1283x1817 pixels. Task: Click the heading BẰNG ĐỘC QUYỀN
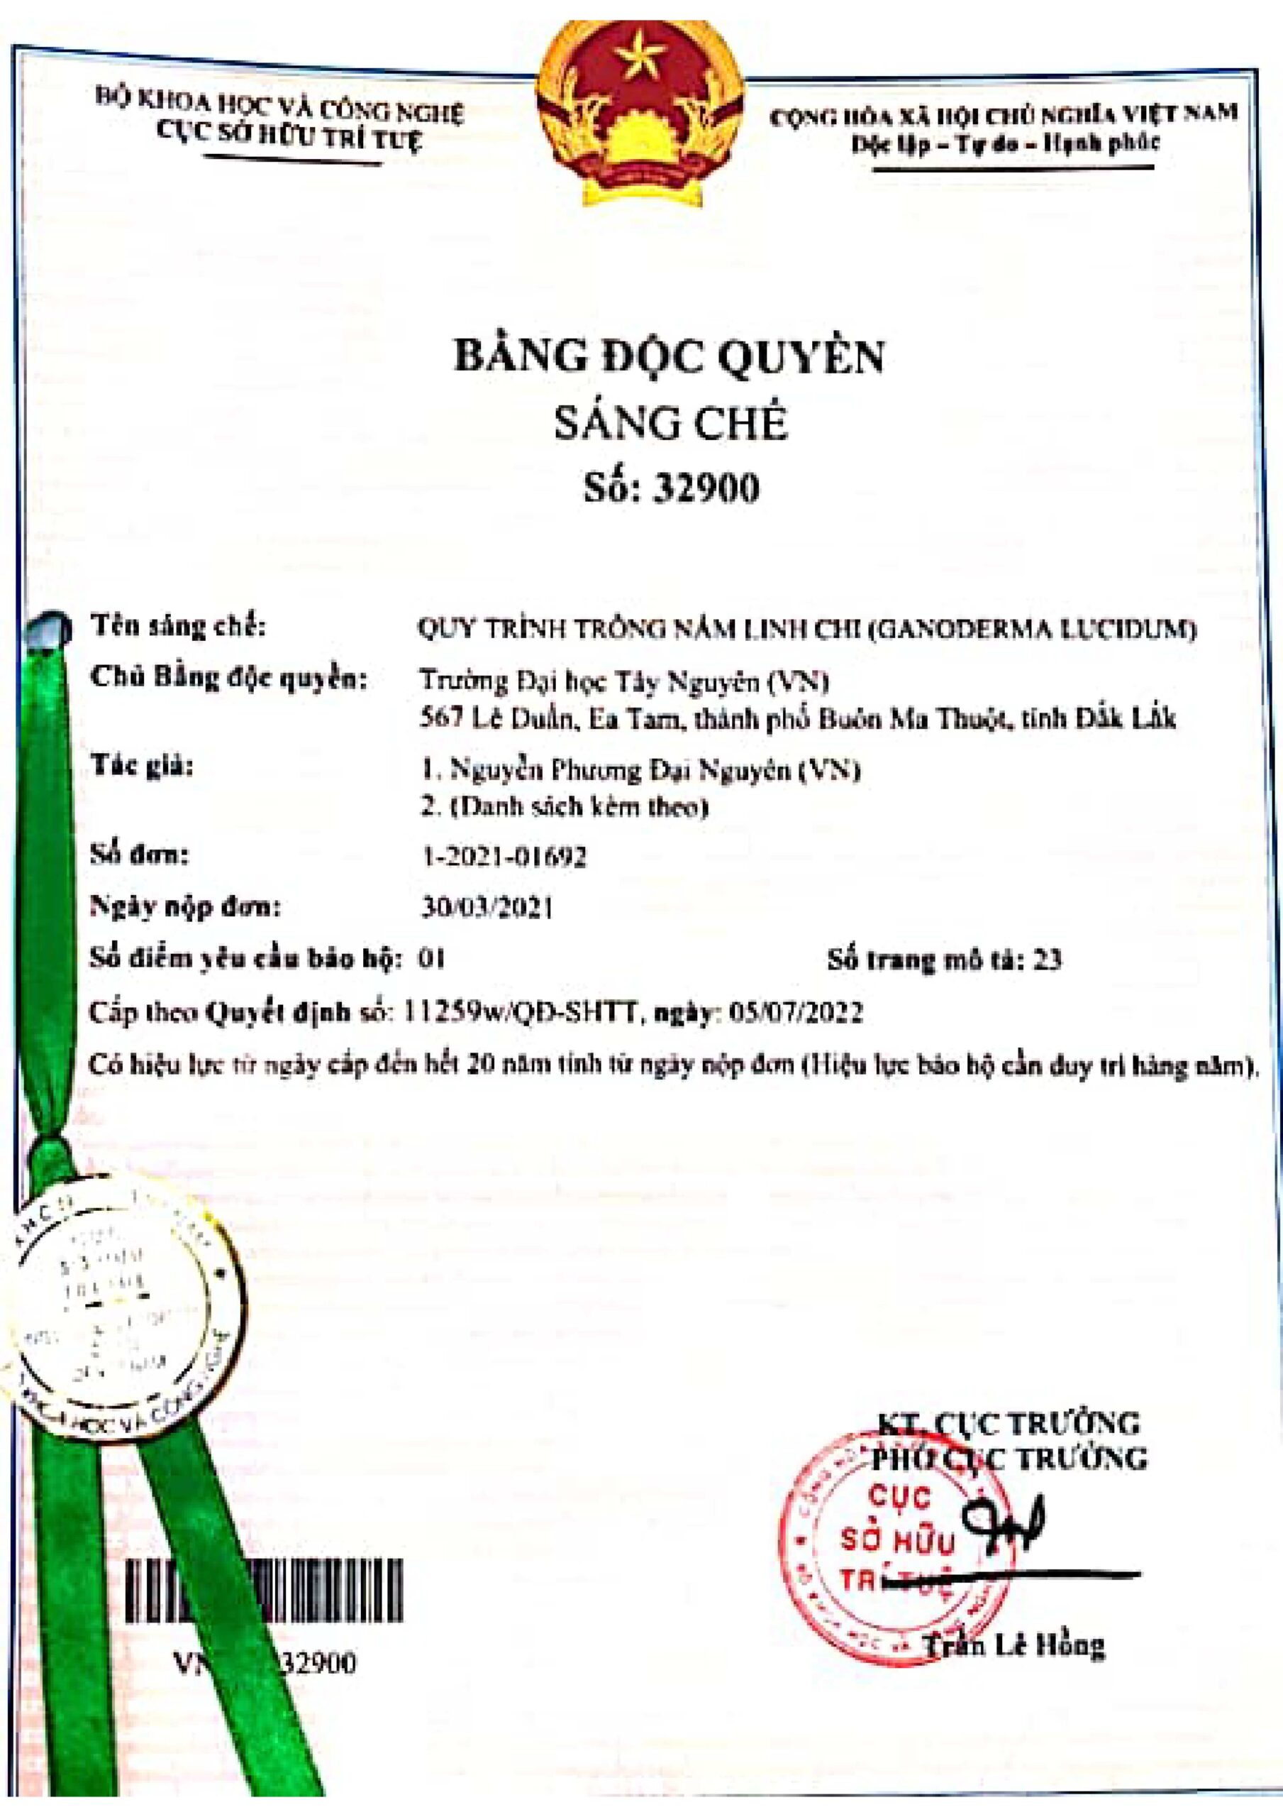670,358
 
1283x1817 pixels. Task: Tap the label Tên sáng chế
177,627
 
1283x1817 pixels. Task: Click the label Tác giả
142,767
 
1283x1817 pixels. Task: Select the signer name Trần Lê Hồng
1016,1646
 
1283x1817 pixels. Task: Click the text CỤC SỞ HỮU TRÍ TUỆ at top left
289,140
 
